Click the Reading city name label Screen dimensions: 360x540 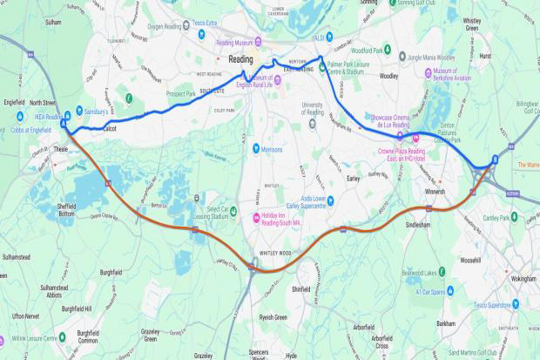(240, 59)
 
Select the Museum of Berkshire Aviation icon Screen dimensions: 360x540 (428, 72)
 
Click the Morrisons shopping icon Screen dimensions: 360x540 (255, 148)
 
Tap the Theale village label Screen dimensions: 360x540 (60, 148)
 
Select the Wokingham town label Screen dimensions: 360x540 (499, 279)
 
